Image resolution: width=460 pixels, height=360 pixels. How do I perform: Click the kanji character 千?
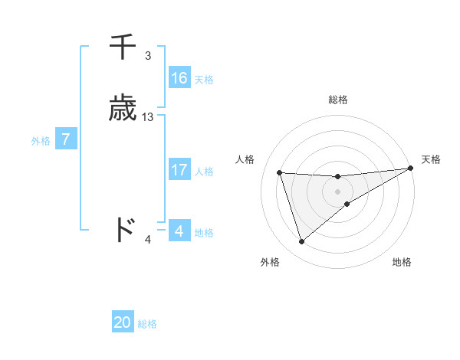coord(123,48)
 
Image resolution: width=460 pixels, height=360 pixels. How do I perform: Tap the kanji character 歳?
coord(123,109)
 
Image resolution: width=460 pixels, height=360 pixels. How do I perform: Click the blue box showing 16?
coord(179,78)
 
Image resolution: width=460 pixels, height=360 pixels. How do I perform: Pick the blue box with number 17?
coord(179,170)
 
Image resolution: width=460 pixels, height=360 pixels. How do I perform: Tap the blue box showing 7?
coord(67,139)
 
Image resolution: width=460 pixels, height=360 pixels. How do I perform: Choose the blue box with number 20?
coord(123,322)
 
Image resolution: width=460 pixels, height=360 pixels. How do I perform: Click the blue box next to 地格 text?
coord(179,231)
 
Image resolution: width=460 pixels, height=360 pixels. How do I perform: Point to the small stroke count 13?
coord(148,117)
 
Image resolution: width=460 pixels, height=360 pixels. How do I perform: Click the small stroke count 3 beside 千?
coord(148,56)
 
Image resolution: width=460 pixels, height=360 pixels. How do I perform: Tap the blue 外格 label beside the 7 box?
coord(40,141)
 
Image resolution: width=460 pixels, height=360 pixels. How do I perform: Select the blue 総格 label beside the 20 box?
coord(147,324)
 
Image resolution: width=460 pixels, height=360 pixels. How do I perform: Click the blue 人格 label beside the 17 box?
coord(204,172)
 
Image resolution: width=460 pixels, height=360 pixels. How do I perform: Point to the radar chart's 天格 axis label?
coord(431,159)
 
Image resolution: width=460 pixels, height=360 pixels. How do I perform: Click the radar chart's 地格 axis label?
coord(402,262)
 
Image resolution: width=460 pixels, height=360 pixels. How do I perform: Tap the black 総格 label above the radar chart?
coord(338,100)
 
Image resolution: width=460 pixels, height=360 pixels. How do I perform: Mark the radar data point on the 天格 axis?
coord(411,169)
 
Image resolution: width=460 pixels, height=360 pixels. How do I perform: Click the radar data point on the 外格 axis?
coord(301,242)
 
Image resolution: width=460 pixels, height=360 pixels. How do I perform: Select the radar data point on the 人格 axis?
coord(280,172)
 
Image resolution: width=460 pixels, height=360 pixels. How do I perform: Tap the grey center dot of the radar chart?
coord(338,191)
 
